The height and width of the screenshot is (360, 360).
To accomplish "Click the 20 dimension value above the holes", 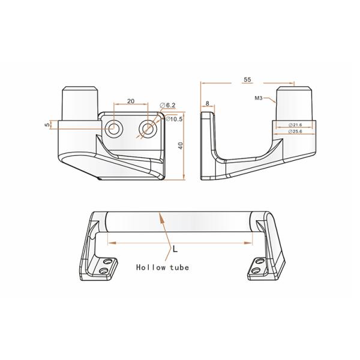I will point(130,101).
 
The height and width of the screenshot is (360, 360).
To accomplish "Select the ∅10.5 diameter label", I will point(174,119).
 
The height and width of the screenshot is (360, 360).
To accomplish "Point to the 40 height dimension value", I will point(179,146).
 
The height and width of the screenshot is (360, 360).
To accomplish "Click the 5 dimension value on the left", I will point(47,125).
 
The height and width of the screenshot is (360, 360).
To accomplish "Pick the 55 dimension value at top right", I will point(247,79).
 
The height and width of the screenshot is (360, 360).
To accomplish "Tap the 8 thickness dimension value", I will point(208,104).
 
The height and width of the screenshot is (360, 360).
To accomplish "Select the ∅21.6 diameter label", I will point(295,124).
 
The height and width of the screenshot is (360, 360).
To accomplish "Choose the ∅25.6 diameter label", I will point(295,131).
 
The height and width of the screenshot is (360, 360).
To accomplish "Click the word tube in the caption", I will point(179,268).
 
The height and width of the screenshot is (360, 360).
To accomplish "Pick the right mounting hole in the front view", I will point(147,128).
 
